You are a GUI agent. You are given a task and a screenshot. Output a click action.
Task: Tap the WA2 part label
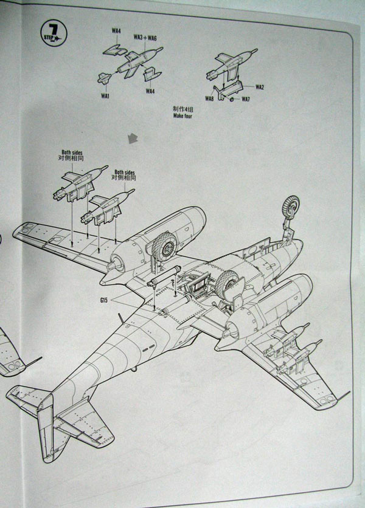click(x=260, y=87)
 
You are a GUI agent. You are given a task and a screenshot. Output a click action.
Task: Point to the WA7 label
click(x=246, y=99)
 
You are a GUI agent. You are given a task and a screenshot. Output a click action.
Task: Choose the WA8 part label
click(x=209, y=98)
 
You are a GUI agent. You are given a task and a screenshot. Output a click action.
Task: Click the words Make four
click(x=182, y=116)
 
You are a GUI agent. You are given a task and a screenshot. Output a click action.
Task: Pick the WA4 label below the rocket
click(x=150, y=91)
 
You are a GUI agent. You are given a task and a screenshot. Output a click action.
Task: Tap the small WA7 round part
click(x=232, y=99)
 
